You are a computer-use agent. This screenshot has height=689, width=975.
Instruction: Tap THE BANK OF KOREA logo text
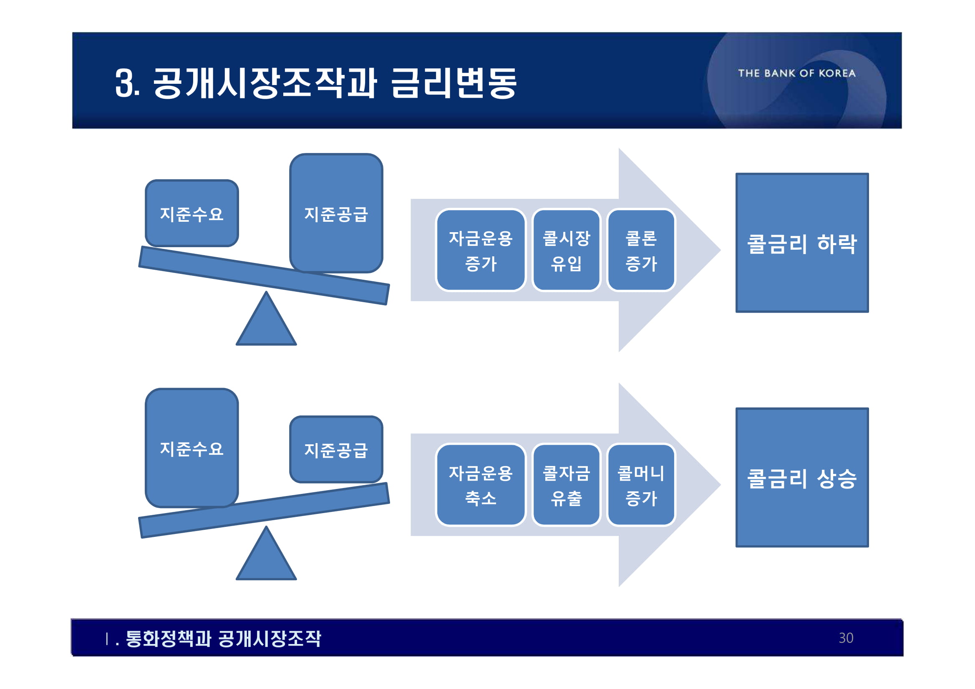(x=797, y=73)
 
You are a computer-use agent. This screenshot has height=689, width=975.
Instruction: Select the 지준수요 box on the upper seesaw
(x=191, y=213)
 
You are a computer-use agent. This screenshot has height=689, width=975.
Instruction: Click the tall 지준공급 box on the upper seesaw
(x=336, y=213)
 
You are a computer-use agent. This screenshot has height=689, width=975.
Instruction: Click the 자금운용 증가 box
(x=481, y=251)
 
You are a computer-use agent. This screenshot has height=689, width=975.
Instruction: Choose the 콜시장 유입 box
(x=567, y=251)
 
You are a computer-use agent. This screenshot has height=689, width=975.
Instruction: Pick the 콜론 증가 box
(x=641, y=251)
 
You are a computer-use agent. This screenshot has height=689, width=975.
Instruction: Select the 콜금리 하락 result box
(x=802, y=243)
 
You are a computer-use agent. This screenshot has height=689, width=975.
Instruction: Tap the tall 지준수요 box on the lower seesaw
(x=191, y=448)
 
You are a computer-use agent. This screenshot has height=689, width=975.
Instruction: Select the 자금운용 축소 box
(x=481, y=485)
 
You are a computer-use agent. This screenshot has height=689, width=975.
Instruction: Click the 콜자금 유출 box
(x=567, y=485)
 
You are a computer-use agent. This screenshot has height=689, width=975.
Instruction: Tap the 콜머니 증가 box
(x=641, y=485)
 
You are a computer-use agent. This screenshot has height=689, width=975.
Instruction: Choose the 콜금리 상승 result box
(x=802, y=478)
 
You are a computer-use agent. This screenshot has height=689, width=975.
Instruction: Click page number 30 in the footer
(x=846, y=638)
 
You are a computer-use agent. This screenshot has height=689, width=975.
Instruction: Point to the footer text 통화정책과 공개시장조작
(x=223, y=639)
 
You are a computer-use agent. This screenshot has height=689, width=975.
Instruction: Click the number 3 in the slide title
(x=124, y=83)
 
